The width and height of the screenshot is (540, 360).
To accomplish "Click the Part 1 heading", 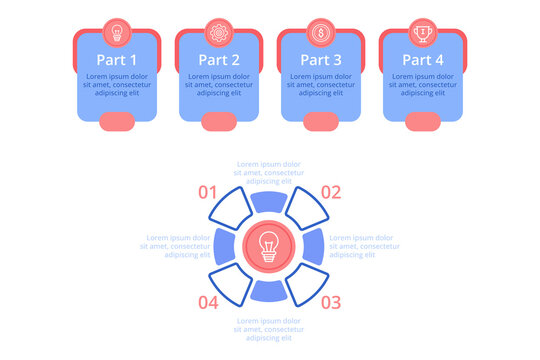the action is coord(117,59).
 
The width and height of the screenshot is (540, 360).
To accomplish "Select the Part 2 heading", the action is coord(219,59).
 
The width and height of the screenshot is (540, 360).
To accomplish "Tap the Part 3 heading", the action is coord(321,59).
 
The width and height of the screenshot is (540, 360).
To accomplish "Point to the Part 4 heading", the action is coord(423,59).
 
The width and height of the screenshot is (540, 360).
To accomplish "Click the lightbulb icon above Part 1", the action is coord(117,31).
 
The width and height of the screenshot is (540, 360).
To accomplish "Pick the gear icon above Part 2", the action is coord(219,31).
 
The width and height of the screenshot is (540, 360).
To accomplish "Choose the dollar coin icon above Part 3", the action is coord(321,31).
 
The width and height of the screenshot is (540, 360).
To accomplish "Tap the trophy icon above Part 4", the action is coord(423,31).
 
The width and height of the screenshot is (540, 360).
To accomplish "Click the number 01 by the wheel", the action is coord(208,192).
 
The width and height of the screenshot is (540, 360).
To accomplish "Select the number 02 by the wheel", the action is coord(331,192).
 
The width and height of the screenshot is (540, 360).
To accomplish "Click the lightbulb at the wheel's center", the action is coord(269,246).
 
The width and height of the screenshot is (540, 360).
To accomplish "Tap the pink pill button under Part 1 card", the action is coord(117,122).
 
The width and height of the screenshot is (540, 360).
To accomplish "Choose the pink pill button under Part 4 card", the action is coord(423,122).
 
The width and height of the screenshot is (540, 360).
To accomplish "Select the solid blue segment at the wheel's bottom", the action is coord(269,290).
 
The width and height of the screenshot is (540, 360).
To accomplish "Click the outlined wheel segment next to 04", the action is coord(232,282).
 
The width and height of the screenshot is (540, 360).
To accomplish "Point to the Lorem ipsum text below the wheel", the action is coord(269,328).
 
